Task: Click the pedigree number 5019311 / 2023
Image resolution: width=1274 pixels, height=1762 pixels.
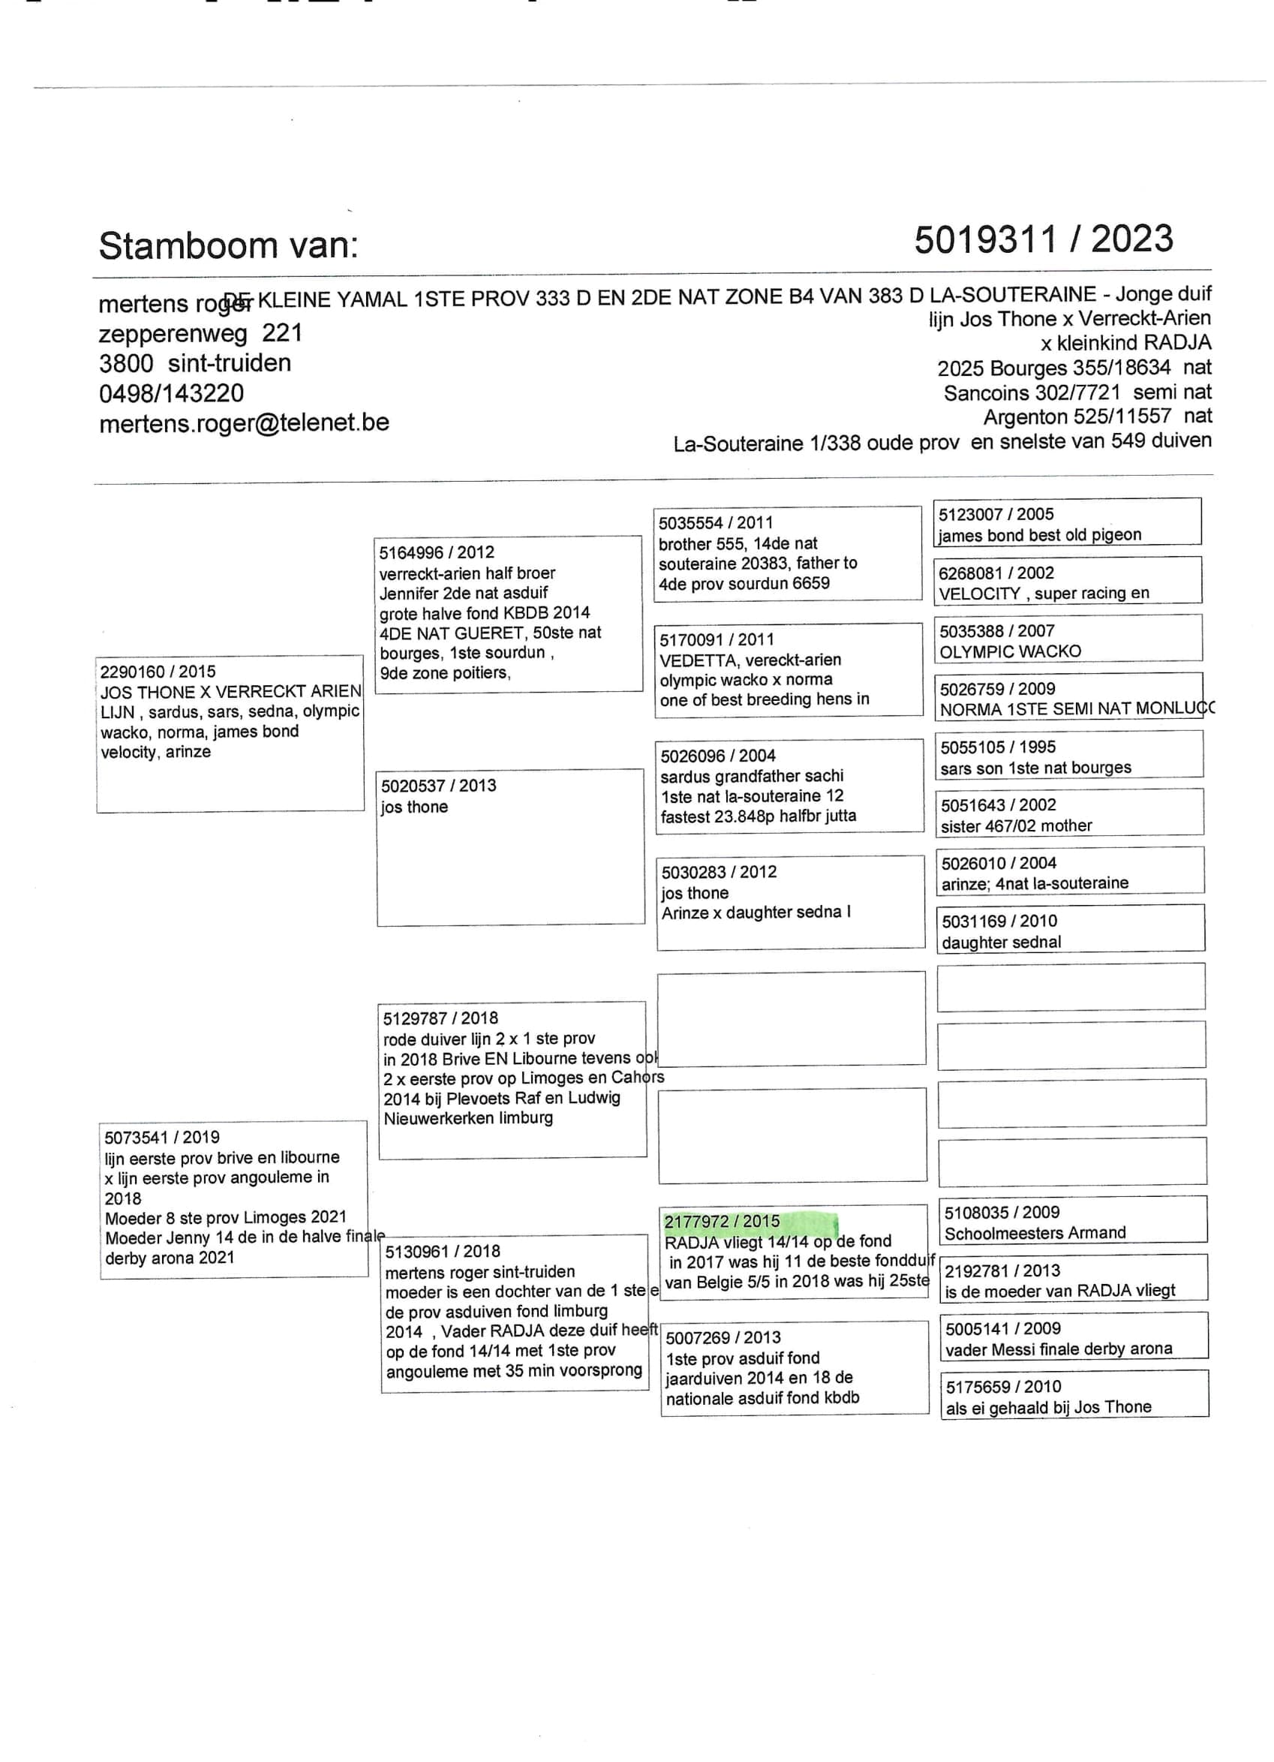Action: tap(1042, 239)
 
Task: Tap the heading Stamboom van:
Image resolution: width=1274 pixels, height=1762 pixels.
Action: tap(228, 245)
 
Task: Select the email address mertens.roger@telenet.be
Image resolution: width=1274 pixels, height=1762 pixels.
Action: tap(244, 423)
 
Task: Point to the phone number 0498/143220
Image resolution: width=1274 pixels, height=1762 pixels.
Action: tap(171, 393)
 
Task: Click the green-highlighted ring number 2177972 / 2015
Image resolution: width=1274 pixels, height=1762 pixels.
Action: tap(722, 1221)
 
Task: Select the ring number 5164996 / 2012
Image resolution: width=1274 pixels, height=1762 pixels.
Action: tap(437, 552)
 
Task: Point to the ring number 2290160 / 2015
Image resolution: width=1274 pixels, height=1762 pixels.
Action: tap(158, 671)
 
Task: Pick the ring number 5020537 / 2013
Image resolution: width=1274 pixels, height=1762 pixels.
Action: tap(438, 786)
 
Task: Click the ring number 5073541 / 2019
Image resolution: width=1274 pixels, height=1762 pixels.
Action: tap(162, 1138)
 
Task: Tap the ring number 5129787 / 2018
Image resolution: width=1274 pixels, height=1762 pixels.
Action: tap(440, 1018)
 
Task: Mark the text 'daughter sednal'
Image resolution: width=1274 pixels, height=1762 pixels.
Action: tap(1002, 943)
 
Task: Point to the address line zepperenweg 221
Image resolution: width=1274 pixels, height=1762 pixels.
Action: tap(200, 333)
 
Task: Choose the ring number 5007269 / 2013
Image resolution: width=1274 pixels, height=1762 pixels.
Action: tap(723, 1337)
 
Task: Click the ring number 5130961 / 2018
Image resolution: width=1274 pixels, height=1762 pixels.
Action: tap(443, 1251)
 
